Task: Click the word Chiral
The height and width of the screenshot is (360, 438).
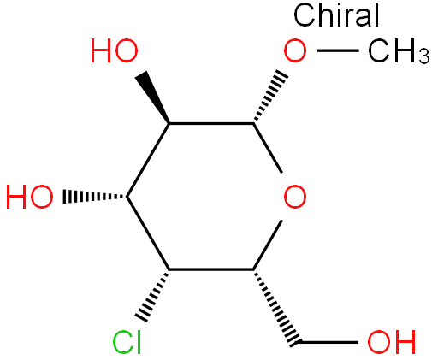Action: click(336, 15)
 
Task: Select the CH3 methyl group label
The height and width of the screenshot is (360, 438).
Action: click(399, 51)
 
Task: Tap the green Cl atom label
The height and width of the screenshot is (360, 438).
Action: click(127, 342)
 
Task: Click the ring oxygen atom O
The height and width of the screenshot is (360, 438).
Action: click(295, 197)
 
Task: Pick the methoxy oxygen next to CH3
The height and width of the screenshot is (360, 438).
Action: click(295, 50)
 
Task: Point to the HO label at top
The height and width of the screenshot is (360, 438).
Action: click(115, 50)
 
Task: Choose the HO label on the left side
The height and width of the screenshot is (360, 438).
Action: click(30, 197)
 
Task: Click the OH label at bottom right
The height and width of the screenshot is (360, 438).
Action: click(392, 342)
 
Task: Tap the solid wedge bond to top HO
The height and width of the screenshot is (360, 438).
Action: click(152, 97)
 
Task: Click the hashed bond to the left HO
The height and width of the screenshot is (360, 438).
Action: click(95, 197)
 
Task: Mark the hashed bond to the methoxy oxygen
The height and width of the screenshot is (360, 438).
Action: click(270, 96)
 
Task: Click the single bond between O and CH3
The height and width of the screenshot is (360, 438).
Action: click(338, 50)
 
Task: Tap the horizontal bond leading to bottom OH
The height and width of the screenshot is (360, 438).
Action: click(327, 342)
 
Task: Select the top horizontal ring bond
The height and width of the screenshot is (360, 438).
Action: click(211, 123)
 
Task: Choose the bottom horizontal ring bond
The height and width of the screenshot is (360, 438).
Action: click(211, 269)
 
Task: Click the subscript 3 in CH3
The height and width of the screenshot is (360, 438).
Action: click(424, 56)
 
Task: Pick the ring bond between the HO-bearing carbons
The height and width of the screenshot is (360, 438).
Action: click(148, 160)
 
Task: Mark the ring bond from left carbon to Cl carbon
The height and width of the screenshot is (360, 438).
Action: click(148, 233)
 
